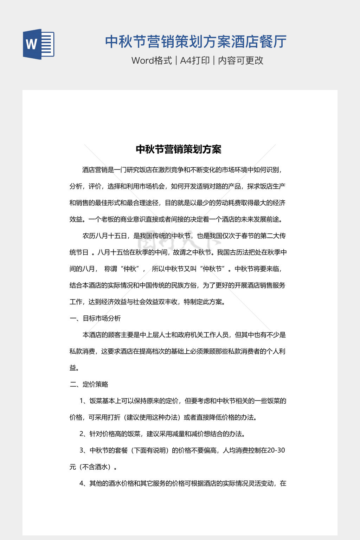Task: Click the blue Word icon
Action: pos(39,44)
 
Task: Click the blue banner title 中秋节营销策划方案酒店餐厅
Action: pos(196,41)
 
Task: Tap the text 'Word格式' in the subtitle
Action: pos(152,60)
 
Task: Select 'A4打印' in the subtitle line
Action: pos(195,60)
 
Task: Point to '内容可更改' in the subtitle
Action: pos(240,60)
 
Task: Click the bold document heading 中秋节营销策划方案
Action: pos(179,149)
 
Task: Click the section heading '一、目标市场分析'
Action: pos(95,318)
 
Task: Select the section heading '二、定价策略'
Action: pos(89,384)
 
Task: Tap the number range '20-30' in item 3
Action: pos(276,450)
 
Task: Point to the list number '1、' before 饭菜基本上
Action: pos(84,401)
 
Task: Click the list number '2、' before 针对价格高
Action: pos(84,434)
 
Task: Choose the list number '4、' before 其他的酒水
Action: pos(84,483)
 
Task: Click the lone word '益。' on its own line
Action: pos(74,368)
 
